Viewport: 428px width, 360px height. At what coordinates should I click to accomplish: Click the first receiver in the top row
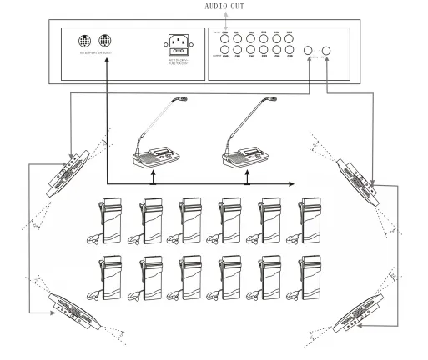click(110, 220)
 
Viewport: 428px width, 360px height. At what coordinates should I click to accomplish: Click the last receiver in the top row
click(310, 220)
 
